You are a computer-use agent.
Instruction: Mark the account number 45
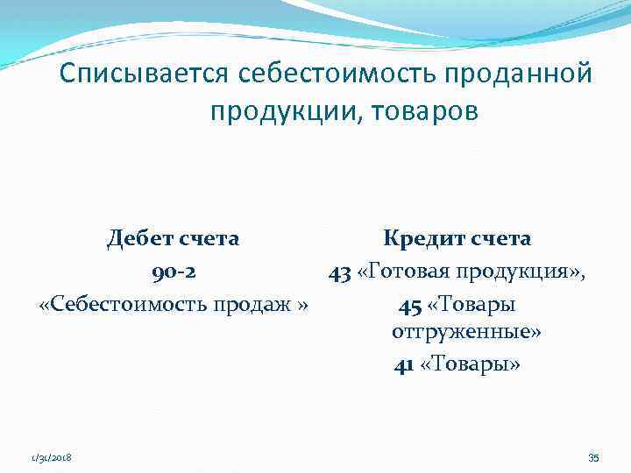click(409, 305)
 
